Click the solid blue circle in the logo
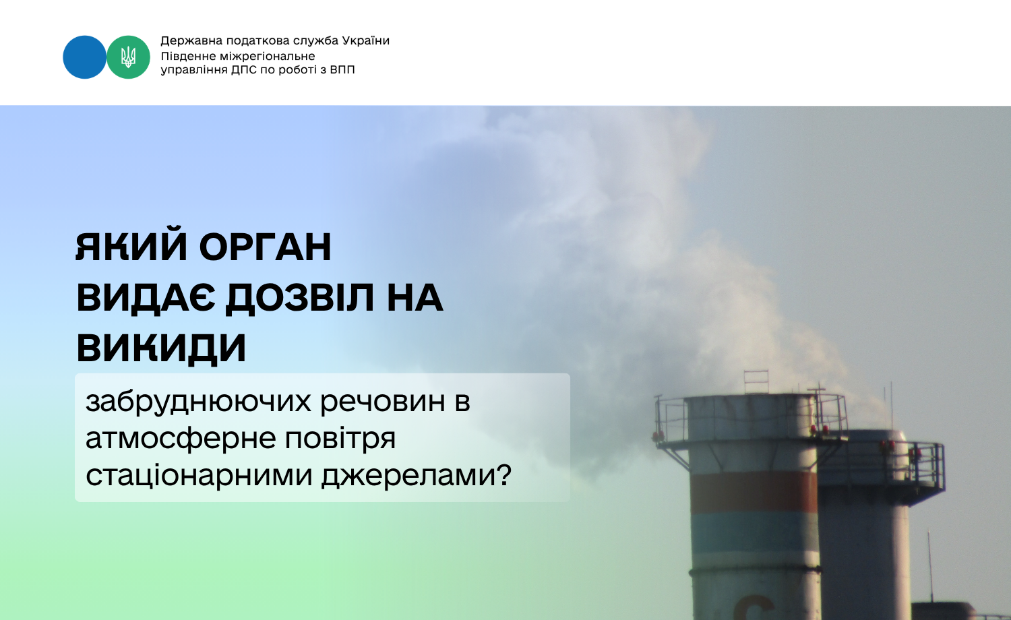click(x=84, y=57)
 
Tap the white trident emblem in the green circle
click(x=128, y=57)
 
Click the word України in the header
click(x=365, y=40)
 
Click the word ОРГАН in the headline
click(x=266, y=247)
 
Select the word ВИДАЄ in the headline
click(x=146, y=298)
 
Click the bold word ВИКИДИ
click(x=162, y=348)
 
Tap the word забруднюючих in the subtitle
click(x=199, y=401)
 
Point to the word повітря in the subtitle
click(x=340, y=439)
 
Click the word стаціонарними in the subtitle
click(x=199, y=475)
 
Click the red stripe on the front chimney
click(x=754, y=493)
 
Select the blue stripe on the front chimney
click(x=755, y=533)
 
